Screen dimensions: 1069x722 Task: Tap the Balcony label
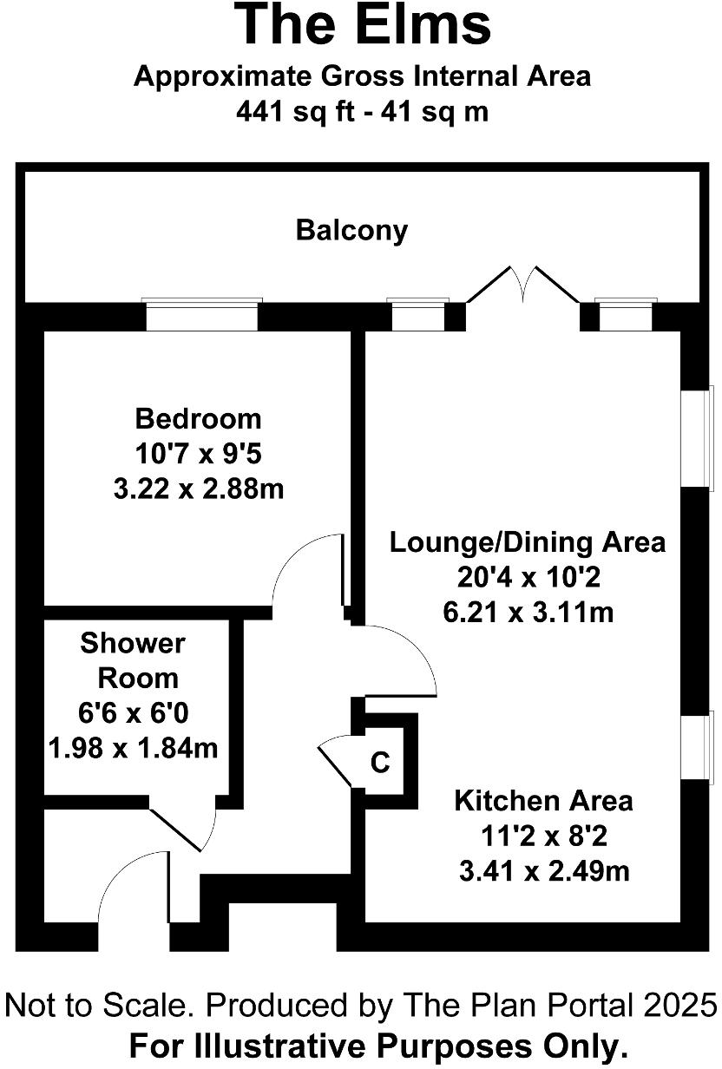tap(351, 231)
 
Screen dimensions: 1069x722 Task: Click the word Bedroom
tap(198, 419)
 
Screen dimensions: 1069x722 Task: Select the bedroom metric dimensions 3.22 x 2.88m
tap(198, 489)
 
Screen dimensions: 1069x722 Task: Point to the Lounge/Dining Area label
tap(527, 542)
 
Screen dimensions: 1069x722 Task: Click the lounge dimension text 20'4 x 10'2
tap(527, 578)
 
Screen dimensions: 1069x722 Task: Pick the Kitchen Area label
tap(543, 800)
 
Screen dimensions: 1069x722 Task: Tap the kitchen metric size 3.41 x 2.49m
tap(543, 870)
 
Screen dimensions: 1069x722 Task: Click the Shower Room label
tap(133, 660)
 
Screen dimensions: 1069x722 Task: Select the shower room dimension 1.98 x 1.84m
tap(133, 746)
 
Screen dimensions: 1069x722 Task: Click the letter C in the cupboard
tap(380, 764)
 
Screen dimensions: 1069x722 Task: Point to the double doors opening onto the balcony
tap(523, 286)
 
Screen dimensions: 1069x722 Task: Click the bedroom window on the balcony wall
tap(201, 316)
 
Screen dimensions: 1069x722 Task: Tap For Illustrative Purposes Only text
tap(378, 1046)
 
